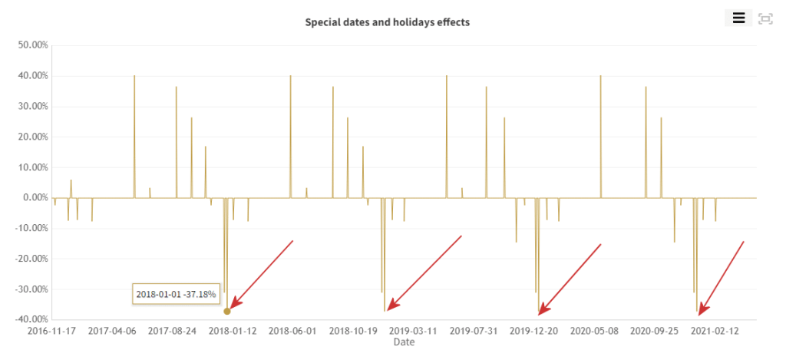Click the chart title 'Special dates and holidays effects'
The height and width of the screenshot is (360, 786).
tap(387, 22)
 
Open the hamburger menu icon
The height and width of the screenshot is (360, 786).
tap(738, 18)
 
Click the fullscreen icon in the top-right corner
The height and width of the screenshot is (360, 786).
tap(765, 18)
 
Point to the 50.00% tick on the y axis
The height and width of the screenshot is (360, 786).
tap(33, 45)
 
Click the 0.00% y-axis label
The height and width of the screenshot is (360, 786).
tap(35, 198)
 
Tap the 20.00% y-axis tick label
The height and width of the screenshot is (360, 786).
tap(33, 137)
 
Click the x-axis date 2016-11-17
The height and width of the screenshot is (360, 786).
tap(51, 332)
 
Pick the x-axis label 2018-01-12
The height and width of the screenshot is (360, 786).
tap(233, 332)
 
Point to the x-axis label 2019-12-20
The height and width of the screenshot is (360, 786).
tap(534, 332)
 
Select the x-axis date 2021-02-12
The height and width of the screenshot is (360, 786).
tap(715, 332)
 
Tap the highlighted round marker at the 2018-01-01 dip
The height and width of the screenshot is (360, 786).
tap(227, 311)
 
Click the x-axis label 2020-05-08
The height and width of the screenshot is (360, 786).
tap(594, 332)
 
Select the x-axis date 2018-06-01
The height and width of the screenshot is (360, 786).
tap(292, 332)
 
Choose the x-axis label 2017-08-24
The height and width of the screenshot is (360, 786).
tap(172, 332)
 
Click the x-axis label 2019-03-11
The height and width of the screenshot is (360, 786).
tap(413, 332)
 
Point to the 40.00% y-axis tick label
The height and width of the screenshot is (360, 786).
tap(33, 76)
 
